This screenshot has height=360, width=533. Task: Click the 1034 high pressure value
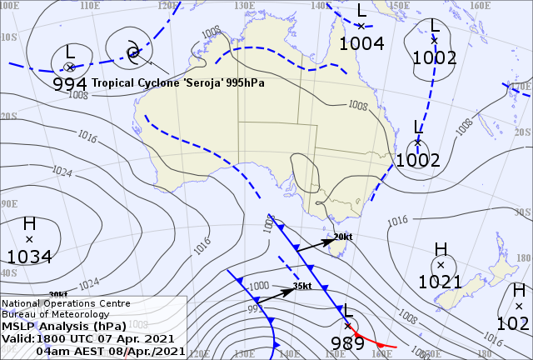point(29,256)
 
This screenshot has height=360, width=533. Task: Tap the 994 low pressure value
point(70,83)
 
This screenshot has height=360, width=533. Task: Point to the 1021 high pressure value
point(440,282)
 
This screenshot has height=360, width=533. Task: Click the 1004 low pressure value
point(361,42)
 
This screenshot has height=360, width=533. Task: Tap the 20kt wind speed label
point(343,237)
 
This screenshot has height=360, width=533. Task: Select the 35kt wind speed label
point(302,286)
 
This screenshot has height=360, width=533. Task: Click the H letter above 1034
point(29,224)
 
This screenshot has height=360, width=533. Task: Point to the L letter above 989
point(349,311)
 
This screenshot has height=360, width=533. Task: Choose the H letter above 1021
point(441,249)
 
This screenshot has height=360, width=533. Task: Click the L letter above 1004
point(361,11)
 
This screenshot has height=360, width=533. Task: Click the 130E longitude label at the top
point(243,5)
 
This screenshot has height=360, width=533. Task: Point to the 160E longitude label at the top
point(478,6)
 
